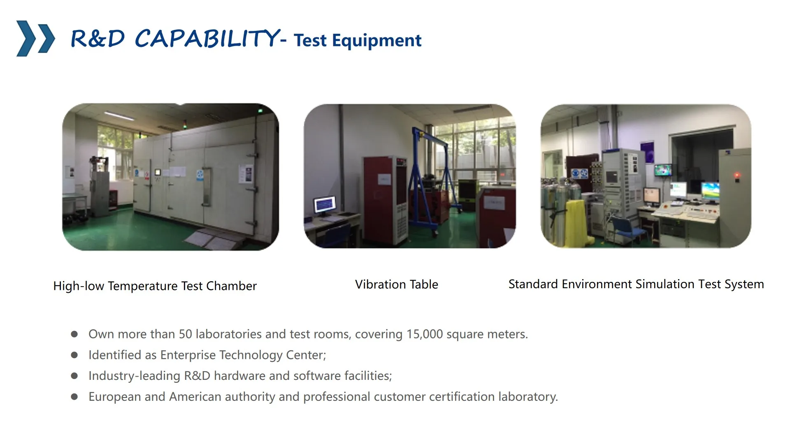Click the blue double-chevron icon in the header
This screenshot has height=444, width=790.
(x=35, y=38)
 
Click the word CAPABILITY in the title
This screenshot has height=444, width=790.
(x=207, y=38)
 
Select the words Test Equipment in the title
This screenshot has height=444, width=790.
(x=358, y=40)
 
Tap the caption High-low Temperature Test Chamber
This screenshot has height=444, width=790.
(x=155, y=286)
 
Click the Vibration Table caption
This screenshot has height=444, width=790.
(x=397, y=284)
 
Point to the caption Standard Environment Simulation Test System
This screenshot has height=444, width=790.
(x=636, y=284)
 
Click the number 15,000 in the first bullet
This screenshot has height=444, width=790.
(x=425, y=334)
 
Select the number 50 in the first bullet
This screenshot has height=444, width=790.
(x=186, y=334)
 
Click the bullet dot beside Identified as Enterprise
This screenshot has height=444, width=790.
(x=74, y=355)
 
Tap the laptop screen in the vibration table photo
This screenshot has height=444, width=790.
(x=325, y=204)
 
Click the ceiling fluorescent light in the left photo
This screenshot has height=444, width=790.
(x=119, y=116)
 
